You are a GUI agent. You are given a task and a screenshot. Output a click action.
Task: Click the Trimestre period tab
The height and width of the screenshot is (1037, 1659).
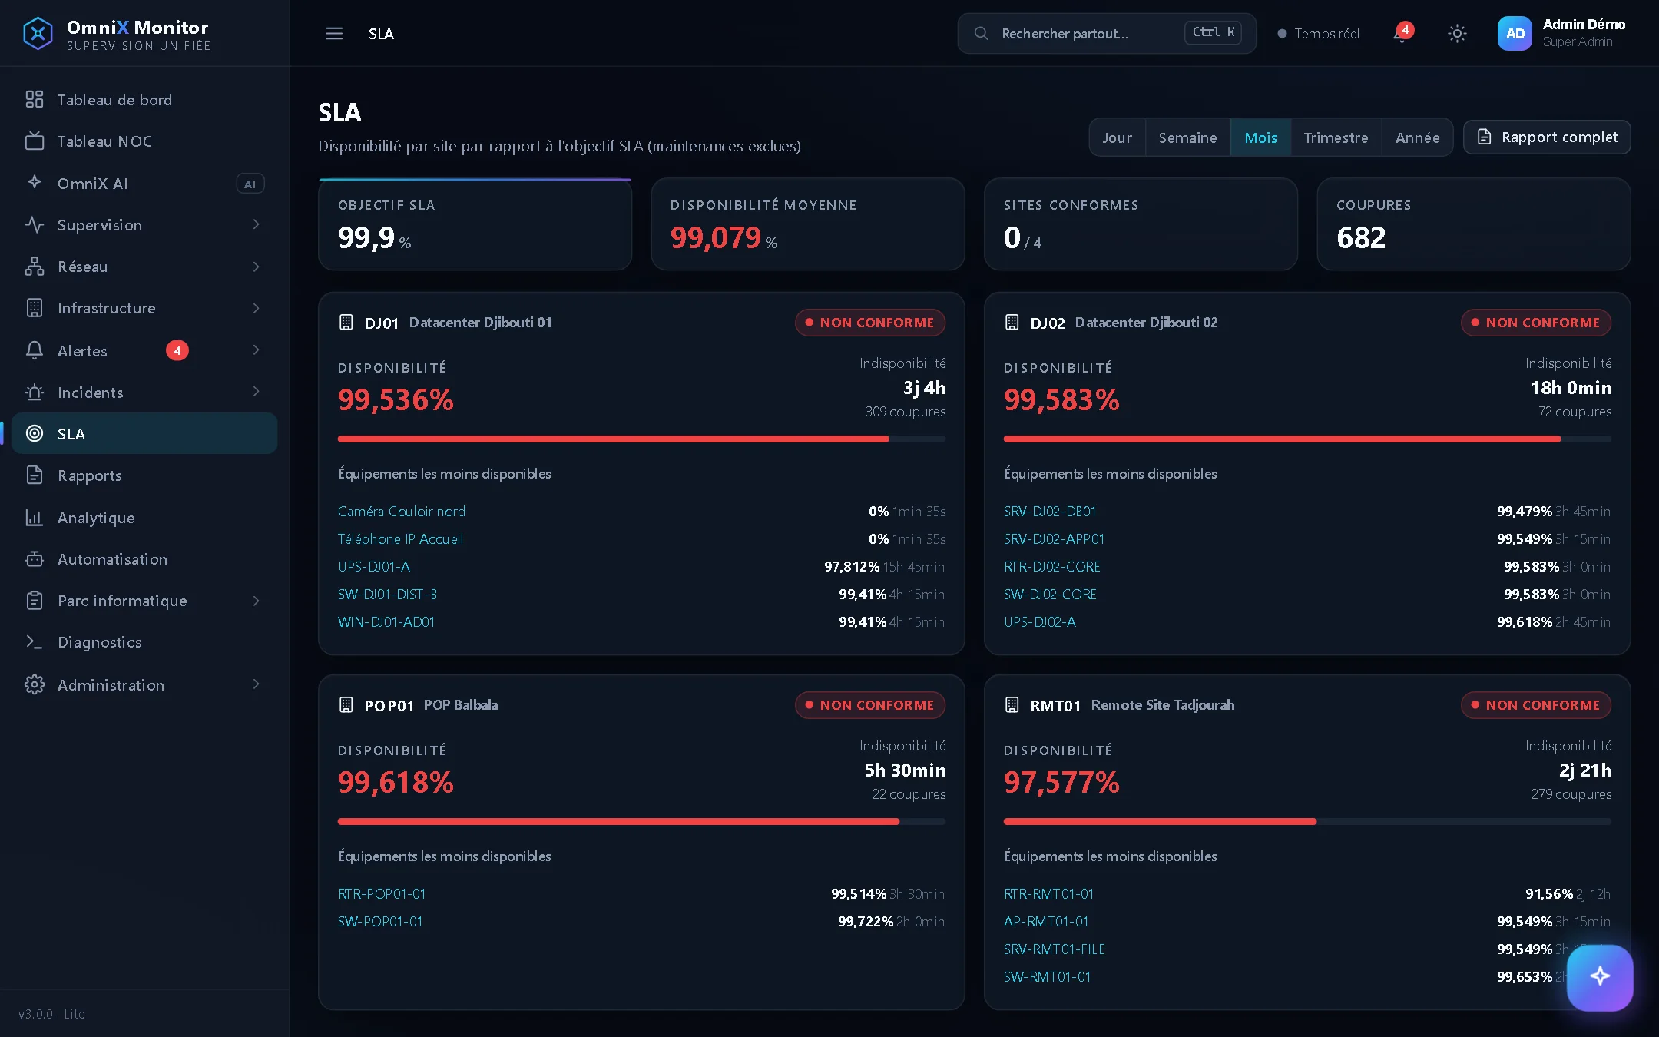pos(1336,137)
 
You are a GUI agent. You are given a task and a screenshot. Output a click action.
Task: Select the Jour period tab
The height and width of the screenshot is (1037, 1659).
pos(1118,137)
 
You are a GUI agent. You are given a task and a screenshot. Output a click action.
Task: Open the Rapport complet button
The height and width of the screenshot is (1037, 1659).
pos(1547,137)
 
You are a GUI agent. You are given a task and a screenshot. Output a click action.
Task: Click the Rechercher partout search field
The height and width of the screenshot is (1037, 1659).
pos(1107,33)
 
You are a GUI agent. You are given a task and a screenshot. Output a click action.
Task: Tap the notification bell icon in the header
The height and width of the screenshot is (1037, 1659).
pos(1402,34)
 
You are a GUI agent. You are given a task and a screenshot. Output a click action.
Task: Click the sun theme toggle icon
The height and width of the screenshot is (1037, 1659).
pos(1457,34)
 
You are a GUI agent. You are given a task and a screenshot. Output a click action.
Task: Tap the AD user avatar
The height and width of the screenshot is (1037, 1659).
pos(1515,34)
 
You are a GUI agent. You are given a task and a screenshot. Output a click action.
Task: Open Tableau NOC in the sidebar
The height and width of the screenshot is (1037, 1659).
pos(104,141)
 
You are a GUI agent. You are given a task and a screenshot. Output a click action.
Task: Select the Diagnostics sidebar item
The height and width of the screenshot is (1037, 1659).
pos(100,642)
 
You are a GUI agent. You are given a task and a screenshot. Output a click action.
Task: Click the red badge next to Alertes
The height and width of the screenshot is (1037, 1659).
pos(177,350)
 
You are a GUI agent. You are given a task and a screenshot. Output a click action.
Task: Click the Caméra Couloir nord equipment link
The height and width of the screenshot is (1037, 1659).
pos(402,512)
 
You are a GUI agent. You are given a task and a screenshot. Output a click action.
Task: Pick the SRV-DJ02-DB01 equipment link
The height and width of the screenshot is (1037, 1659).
pos(1050,512)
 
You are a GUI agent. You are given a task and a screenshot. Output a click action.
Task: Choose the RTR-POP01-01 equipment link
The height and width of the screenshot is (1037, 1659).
pos(382,894)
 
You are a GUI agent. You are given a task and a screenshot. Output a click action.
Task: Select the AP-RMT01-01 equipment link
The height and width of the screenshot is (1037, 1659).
pos(1046,922)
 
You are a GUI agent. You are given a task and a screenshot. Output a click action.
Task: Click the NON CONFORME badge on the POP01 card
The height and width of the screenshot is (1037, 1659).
pos(870,705)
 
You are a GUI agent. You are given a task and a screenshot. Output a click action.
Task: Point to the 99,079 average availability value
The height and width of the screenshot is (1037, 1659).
pos(716,238)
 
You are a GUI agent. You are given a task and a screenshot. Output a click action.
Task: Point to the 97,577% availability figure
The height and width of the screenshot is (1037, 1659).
pos(1061,783)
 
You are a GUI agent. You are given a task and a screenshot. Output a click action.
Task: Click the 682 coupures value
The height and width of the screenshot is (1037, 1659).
pos(1361,238)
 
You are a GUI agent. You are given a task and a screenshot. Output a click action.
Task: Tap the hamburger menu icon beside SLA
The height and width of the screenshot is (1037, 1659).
pos(334,34)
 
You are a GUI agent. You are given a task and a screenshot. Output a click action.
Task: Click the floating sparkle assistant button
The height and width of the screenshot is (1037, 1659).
pos(1600,977)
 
